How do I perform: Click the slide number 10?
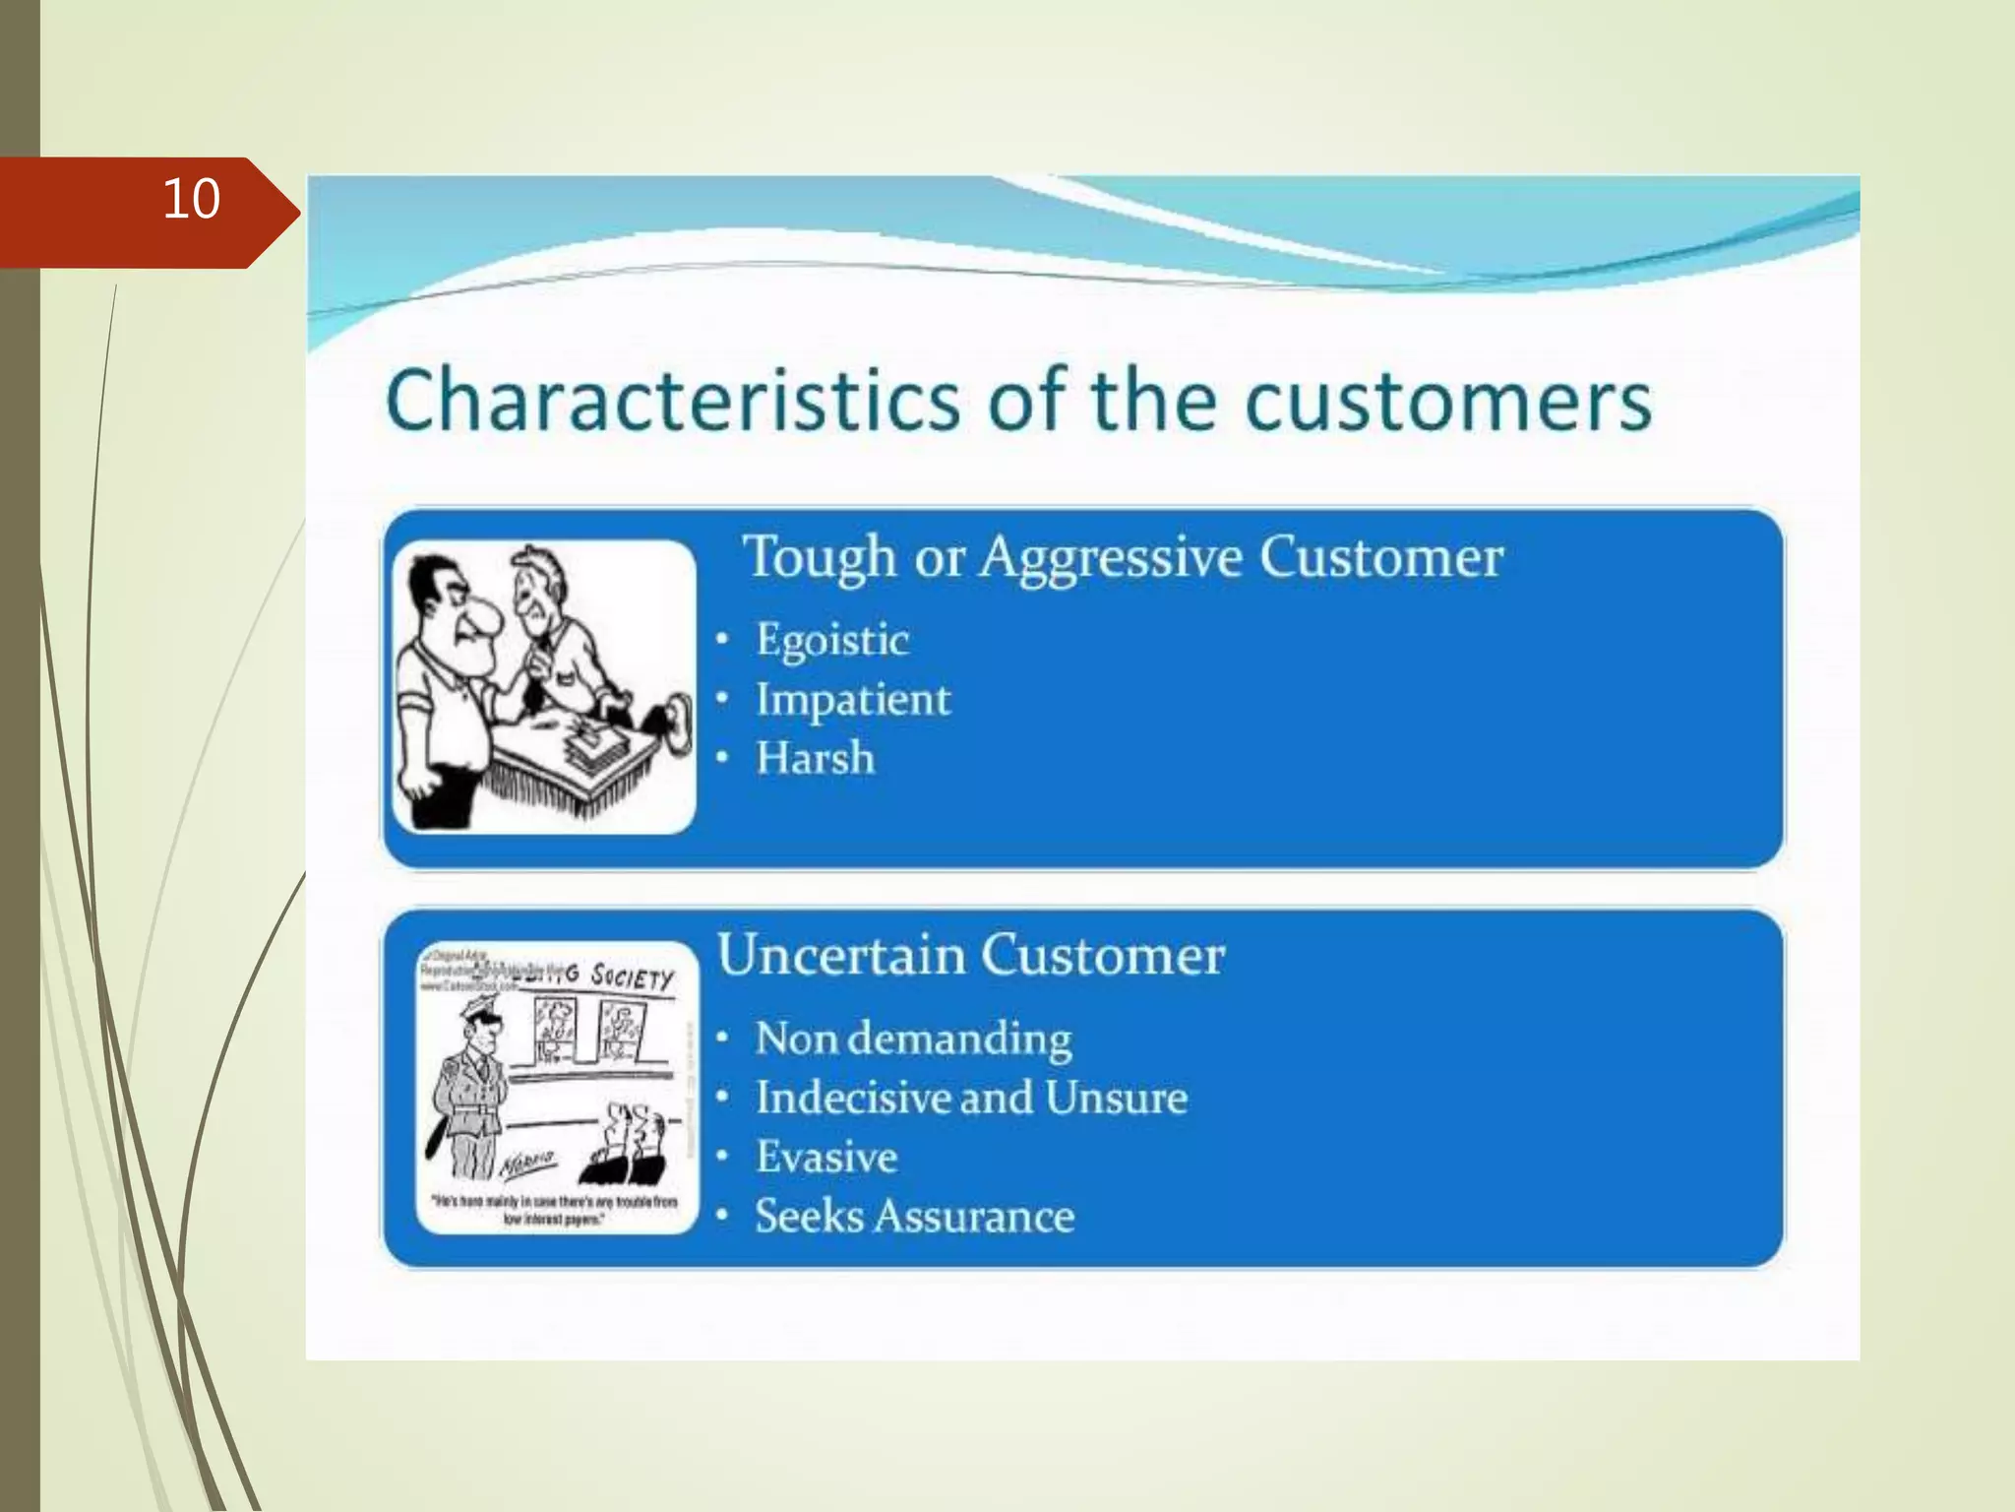coord(191,200)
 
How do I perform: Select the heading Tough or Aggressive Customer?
coord(1123,557)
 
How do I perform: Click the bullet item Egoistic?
coord(831,640)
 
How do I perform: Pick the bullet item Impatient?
coord(852,700)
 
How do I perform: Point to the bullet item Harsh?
coord(815,759)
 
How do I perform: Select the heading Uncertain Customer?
coord(970,956)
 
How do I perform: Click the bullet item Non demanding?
coord(913,1039)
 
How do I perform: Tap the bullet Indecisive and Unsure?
coord(970,1099)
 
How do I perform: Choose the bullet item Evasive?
coord(826,1158)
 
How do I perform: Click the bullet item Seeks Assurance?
coord(914,1217)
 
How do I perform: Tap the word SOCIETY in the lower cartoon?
coord(633,976)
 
